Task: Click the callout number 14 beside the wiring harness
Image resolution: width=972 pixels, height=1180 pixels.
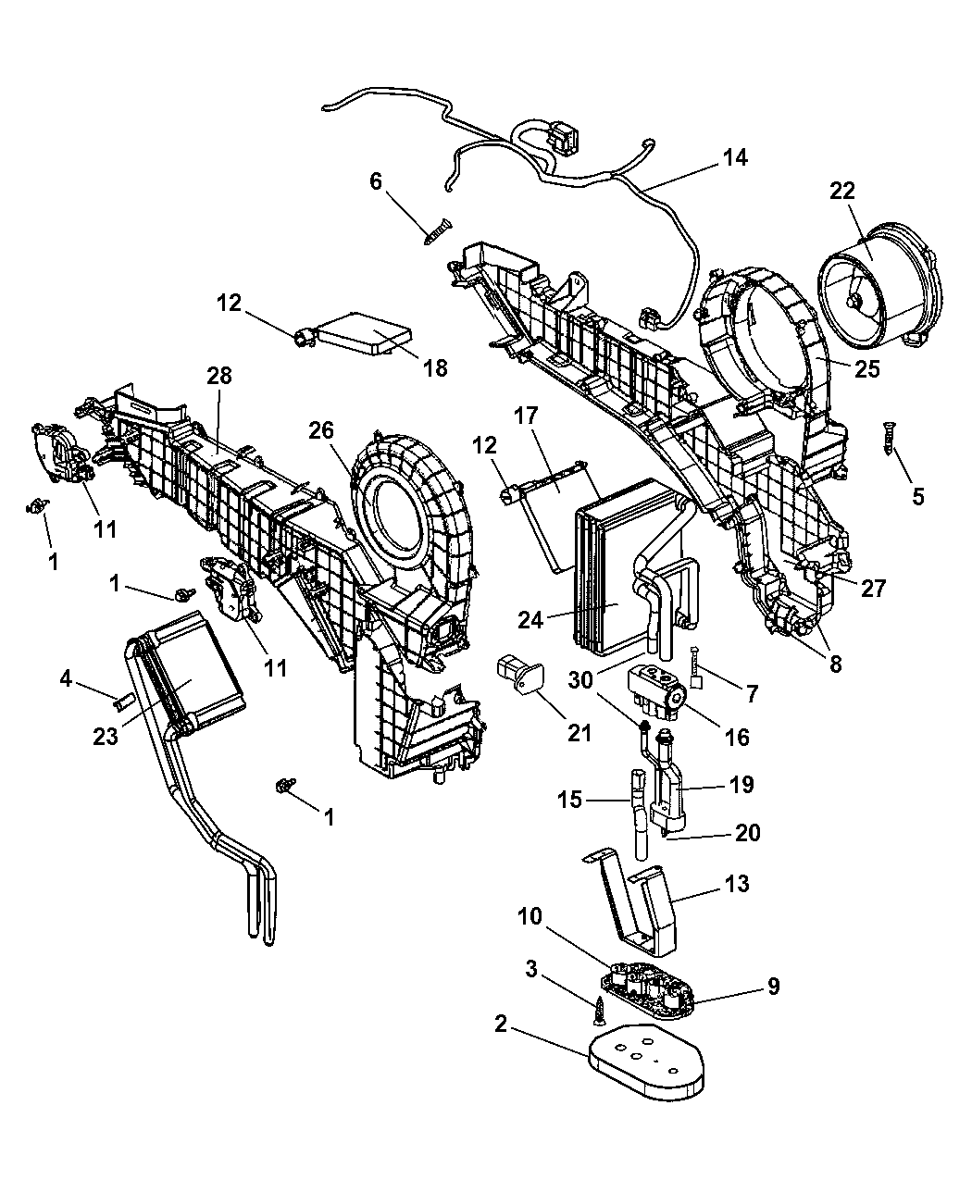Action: tap(735, 157)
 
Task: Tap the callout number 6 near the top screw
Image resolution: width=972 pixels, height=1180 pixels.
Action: tap(376, 181)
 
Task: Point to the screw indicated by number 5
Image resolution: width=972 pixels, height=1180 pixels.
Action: tap(891, 439)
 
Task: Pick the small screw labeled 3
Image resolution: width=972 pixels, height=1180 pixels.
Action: tap(599, 1011)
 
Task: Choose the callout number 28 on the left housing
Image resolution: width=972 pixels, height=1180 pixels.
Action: tap(218, 375)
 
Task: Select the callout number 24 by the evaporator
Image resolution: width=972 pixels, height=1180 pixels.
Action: tap(530, 620)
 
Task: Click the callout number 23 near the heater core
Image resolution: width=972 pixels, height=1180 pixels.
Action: tap(106, 736)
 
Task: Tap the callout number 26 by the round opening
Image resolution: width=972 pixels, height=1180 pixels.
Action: tap(321, 430)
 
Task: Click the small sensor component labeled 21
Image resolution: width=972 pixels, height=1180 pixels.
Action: tap(519, 676)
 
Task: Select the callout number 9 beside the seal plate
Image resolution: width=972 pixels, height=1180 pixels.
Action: tap(774, 987)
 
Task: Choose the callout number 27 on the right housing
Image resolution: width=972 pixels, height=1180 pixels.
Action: tap(872, 589)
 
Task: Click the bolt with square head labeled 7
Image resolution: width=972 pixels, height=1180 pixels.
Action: tap(695, 667)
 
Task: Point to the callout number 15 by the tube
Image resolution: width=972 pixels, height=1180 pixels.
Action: tap(569, 799)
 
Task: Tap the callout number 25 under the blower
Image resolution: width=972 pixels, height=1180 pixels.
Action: tap(866, 369)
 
